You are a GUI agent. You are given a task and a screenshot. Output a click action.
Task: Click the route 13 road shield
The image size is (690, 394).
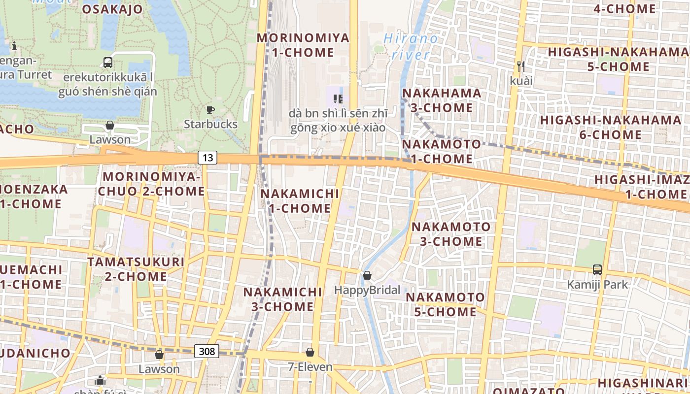(207, 157)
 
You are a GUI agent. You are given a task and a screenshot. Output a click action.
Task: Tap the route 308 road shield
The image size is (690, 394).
(207, 351)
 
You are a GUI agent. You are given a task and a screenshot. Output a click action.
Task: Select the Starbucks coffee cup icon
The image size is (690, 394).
(210, 110)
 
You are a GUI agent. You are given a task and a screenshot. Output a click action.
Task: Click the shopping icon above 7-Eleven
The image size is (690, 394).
(310, 352)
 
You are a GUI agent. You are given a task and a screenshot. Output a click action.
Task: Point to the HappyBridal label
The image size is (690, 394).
(367, 290)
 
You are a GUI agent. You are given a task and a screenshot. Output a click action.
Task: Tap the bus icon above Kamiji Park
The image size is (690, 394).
(597, 270)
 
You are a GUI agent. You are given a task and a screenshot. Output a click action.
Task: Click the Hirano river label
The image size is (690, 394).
(410, 46)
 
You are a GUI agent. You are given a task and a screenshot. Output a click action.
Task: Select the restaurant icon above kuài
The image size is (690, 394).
(520, 66)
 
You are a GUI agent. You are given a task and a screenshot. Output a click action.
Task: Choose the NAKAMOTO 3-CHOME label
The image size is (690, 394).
(451, 234)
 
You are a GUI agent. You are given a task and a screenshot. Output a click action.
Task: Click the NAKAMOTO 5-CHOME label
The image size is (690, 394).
(445, 304)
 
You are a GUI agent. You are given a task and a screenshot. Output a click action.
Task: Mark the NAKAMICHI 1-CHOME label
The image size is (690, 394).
(300, 201)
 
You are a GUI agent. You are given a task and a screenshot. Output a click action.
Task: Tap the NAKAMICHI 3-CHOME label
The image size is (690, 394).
(282, 299)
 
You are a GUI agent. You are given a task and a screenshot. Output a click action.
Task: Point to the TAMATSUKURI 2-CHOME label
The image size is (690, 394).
(136, 269)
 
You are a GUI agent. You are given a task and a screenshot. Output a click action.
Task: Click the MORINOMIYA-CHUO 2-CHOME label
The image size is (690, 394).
(151, 184)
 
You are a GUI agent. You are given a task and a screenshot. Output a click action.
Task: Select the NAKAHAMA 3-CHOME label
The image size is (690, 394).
(442, 100)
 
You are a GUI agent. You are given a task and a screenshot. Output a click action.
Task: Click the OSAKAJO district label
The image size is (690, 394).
(112, 9)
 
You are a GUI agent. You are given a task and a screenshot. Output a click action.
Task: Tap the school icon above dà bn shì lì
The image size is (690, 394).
(338, 99)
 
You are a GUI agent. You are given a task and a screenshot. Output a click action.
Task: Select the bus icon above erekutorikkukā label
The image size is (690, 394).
(108, 63)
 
